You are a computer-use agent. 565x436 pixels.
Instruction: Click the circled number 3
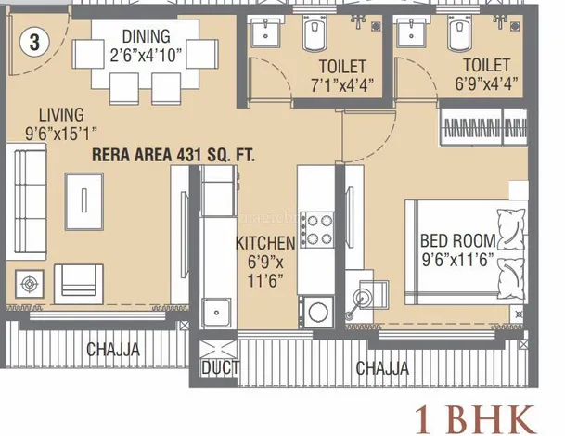pyautogui.click(x=34, y=42)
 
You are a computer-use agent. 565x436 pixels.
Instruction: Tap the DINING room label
pyautogui.click(x=147, y=36)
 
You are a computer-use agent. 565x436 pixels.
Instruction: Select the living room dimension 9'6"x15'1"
pyautogui.click(x=61, y=134)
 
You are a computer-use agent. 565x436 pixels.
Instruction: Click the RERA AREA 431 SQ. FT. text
pyautogui.click(x=173, y=155)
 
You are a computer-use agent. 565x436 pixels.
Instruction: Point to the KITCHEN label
pyautogui.click(x=265, y=243)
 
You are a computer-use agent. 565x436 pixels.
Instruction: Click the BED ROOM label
pyautogui.click(x=458, y=240)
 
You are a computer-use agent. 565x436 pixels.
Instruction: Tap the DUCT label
pyautogui.click(x=220, y=368)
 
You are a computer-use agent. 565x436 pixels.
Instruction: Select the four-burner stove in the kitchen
pyautogui.click(x=316, y=229)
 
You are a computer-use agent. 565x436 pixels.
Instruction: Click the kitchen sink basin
pyautogui.click(x=216, y=312)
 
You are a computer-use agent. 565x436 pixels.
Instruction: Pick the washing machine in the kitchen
pyautogui.click(x=318, y=312)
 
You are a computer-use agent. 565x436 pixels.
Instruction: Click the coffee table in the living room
pyautogui.click(x=83, y=201)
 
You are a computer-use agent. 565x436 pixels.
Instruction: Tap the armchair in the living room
pyautogui.click(x=79, y=284)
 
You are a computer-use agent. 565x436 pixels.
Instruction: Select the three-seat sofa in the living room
pyautogui.click(x=27, y=201)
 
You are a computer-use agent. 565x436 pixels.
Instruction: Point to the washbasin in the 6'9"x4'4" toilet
pyautogui.click(x=411, y=33)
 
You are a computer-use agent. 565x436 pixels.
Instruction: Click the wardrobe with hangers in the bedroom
pyautogui.click(x=483, y=127)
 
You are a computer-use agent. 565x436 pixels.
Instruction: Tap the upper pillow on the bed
pyautogui.click(x=511, y=227)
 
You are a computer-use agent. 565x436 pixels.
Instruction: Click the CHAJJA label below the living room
pyautogui.click(x=113, y=349)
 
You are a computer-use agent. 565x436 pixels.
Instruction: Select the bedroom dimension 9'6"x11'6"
pyautogui.click(x=458, y=260)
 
